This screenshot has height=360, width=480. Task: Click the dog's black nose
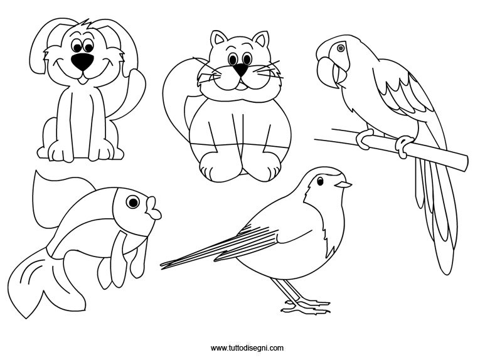tap(82, 61)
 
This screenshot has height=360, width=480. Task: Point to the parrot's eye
tap(341, 48)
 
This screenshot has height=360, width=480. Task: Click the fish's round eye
tap(133, 202)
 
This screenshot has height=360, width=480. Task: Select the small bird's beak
tap(343, 184)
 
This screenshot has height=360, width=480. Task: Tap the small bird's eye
tap(320, 181)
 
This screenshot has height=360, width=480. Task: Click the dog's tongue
tap(82, 81)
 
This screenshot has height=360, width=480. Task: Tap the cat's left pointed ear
tap(218, 38)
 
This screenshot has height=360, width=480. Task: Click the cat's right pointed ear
tap(262, 38)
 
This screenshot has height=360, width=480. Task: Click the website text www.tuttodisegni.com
tap(247, 347)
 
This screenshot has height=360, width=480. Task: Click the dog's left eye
tap(77, 46)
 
